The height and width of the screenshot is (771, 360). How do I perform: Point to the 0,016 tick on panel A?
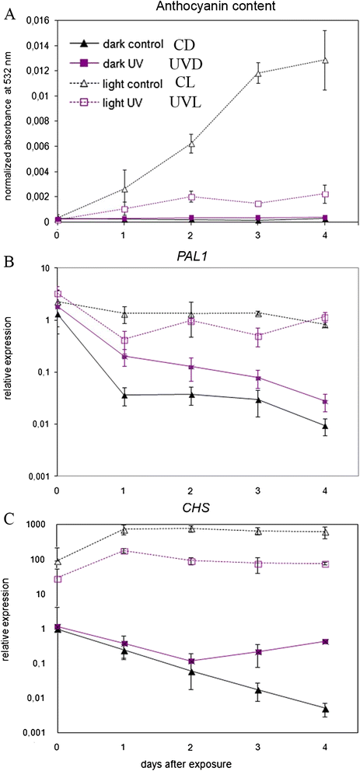[37, 20]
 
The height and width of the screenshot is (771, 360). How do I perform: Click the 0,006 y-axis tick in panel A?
[37, 145]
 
